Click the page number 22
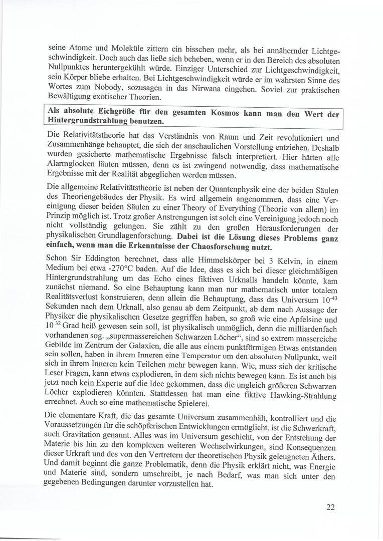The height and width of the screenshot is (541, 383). pyautogui.click(x=330, y=506)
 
